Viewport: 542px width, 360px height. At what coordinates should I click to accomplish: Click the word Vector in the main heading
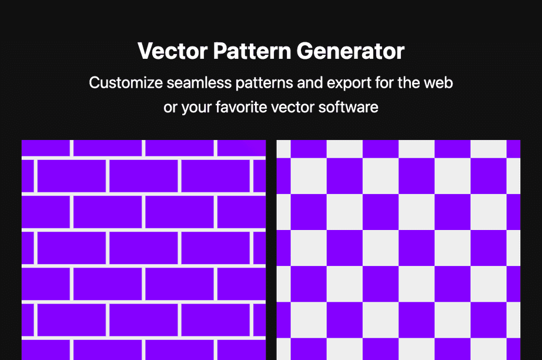pyautogui.click(x=172, y=52)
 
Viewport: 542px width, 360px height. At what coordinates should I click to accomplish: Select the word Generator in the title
pyautogui.click(x=350, y=52)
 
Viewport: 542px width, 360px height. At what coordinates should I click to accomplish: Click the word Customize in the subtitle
pyautogui.click(x=125, y=83)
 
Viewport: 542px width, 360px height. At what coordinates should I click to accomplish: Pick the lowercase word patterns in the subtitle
pyautogui.click(x=264, y=83)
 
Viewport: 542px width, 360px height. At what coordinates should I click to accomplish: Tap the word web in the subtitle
pyautogui.click(x=439, y=83)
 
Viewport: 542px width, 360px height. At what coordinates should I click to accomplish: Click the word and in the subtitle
pyautogui.click(x=309, y=83)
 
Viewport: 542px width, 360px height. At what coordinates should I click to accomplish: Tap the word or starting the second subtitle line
pyautogui.click(x=170, y=108)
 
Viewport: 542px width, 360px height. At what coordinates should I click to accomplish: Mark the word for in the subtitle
pyautogui.click(x=385, y=83)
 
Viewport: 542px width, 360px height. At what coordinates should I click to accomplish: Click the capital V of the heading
pyautogui.click(x=145, y=52)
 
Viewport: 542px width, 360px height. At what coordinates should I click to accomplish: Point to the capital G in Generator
pyautogui.click(x=306, y=52)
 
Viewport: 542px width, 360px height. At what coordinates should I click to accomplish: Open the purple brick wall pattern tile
pyautogui.click(x=143, y=250)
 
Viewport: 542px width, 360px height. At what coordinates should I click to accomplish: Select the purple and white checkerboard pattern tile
pyautogui.click(x=399, y=250)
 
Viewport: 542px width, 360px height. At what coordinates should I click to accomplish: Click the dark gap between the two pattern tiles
pyautogui.click(x=271, y=250)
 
